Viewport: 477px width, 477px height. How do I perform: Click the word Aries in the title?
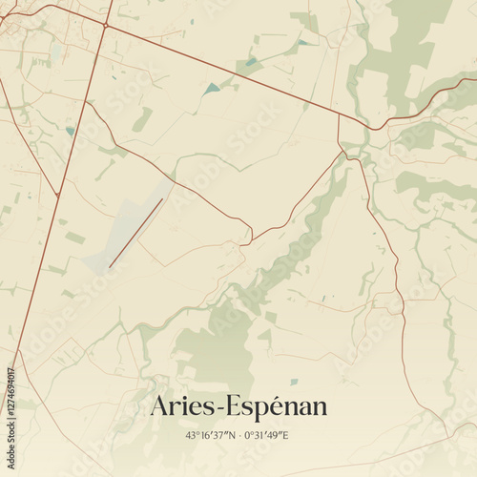[x=182, y=406]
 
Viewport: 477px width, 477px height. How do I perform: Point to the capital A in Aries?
[x=159, y=406]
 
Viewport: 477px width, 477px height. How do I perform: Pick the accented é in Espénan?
[x=277, y=406]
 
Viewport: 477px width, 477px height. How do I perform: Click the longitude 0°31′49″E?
[x=266, y=436]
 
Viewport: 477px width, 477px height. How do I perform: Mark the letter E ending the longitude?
[x=284, y=436]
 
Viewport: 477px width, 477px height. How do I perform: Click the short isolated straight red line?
[x=135, y=233]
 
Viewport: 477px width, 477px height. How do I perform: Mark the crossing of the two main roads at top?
[x=104, y=26]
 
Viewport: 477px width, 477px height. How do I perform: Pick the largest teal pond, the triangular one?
[x=212, y=89]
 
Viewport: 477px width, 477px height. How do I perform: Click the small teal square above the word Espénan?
[x=294, y=382]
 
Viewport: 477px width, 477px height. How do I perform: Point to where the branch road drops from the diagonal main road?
[x=339, y=116]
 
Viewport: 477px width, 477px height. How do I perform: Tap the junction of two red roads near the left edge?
[x=57, y=195]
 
